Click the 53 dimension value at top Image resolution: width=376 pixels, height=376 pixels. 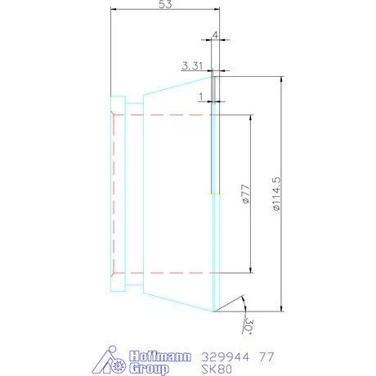tap(165, 4)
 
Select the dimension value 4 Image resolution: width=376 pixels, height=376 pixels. tap(215, 35)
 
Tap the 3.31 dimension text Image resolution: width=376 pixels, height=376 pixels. tap(192, 66)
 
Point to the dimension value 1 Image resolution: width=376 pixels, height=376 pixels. tap(201, 96)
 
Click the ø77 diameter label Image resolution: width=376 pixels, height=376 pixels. tap(245, 194)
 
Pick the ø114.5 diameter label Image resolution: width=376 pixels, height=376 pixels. tap(276, 194)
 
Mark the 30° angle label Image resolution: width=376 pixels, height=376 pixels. tap(248, 325)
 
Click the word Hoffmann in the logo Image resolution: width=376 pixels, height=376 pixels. tap(160, 356)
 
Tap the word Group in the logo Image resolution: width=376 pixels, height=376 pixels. tap(149, 369)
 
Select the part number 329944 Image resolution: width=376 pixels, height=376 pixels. tap(226, 356)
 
